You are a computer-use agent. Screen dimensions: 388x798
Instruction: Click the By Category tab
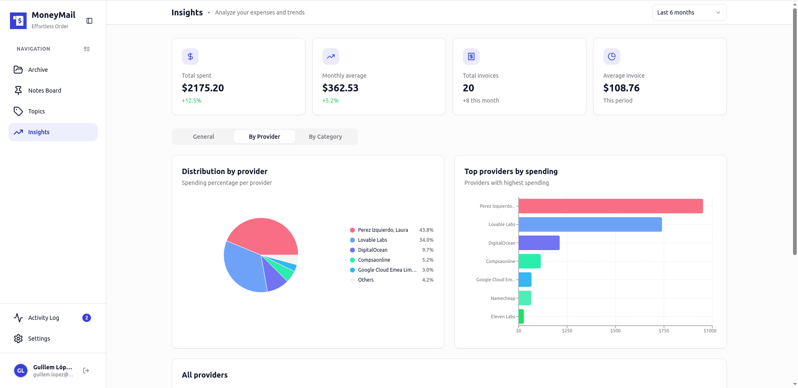(x=325, y=137)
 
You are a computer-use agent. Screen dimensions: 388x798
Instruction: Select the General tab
(x=203, y=137)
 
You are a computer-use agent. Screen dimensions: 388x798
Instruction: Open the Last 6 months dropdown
(x=689, y=12)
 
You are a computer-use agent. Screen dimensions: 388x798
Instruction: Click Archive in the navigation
(x=38, y=70)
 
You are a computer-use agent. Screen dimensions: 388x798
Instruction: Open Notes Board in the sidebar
(x=44, y=91)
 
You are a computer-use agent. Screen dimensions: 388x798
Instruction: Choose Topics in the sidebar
(x=37, y=111)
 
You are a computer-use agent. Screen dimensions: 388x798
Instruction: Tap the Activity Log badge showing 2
(x=86, y=318)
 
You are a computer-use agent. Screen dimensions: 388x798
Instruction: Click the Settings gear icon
(x=18, y=339)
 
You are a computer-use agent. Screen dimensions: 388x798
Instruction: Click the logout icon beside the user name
(x=86, y=371)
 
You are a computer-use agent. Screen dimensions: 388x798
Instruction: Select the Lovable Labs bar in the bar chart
(x=590, y=224)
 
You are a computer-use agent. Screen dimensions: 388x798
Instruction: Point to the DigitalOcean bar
(x=539, y=243)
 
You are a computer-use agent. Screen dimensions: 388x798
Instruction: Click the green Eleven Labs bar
(x=521, y=317)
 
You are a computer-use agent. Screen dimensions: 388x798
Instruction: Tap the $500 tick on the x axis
(x=615, y=331)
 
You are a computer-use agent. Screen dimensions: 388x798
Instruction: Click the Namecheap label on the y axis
(x=502, y=298)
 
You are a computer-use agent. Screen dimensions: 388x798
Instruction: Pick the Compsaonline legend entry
(x=374, y=260)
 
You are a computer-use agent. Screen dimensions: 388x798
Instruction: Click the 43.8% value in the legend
(x=426, y=230)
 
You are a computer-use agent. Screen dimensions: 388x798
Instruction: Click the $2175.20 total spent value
(x=203, y=88)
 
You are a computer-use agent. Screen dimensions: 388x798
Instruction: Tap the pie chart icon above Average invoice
(x=611, y=56)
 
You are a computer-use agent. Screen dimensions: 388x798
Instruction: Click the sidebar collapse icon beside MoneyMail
(x=89, y=21)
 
